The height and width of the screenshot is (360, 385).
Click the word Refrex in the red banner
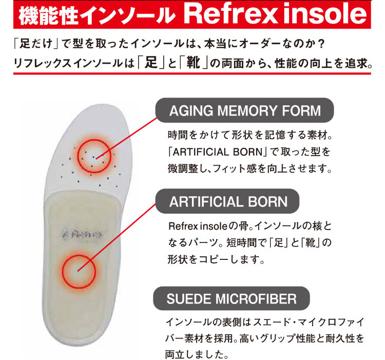230,14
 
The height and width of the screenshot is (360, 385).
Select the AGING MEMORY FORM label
244,110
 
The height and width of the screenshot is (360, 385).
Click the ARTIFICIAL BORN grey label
227,201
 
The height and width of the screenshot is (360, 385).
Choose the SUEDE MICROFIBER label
232,298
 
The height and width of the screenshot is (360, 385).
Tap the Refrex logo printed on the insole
82,235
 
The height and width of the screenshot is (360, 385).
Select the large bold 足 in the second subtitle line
151,63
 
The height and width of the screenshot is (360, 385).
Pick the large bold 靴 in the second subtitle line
193,63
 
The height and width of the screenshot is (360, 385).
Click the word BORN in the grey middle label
267,202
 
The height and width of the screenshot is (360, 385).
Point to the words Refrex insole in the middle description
198,226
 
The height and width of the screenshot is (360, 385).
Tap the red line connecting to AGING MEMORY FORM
126,138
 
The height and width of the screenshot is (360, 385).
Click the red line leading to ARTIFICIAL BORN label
117,237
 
